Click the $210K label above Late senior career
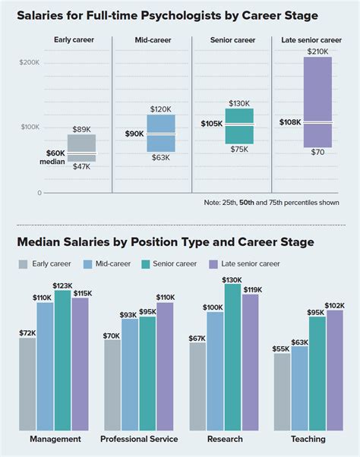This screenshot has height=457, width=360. pos(317,51)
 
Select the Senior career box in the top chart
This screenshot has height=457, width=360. pos(239,126)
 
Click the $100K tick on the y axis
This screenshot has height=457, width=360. pos(30,127)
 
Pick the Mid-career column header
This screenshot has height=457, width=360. pos(151,39)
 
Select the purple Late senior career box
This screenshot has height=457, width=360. pos(317,102)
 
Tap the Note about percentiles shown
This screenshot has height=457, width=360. pos(272,203)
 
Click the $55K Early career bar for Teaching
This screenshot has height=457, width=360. pos(282,392)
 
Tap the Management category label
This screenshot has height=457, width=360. pos(55,440)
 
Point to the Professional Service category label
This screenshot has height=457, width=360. pos(139,440)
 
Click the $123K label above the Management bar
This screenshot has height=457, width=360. pos(62,285)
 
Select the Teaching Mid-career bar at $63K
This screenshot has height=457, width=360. pos(299,388)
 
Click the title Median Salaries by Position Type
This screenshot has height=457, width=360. pos(166,242)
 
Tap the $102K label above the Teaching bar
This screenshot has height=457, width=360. pos(335,305)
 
